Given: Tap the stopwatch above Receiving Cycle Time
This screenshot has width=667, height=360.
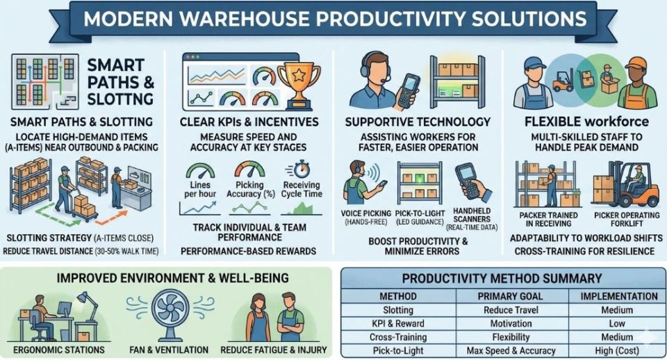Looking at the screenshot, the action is point(301,169).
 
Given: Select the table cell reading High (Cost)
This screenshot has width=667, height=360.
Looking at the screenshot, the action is point(617,351).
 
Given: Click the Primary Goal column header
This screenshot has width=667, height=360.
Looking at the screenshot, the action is point(510,296).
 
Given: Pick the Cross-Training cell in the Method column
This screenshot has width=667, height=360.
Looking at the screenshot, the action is point(398,337).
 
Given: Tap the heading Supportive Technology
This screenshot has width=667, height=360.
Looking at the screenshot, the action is point(418,122).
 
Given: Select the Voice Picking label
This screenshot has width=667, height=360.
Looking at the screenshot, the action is point(366,213).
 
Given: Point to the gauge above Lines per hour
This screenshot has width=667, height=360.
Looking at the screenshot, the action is point(200,171).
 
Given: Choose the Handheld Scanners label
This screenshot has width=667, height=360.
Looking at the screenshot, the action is point(471,215).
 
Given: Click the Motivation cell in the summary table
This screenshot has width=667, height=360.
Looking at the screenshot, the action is point(511,323).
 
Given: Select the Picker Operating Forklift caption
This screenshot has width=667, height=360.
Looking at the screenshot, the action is point(627,219).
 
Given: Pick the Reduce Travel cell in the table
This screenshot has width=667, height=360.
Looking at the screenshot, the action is point(511,310).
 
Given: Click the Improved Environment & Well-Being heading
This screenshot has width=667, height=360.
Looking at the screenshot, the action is point(173,278).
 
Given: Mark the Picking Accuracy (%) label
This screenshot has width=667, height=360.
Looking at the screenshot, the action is point(250,189).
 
